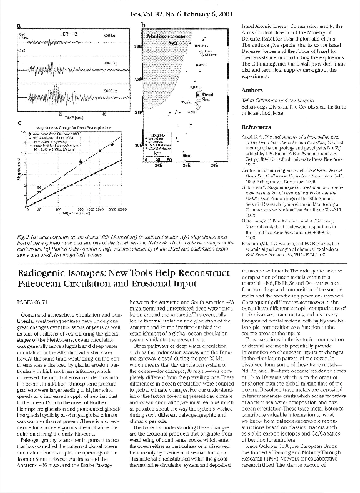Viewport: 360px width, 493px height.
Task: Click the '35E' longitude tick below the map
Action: pos(186,166)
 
